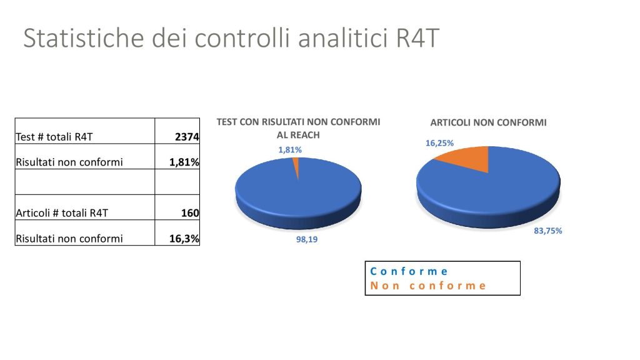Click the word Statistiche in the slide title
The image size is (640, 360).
pyautogui.click(x=84, y=37)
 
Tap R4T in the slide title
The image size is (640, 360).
pyautogui.click(x=417, y=38)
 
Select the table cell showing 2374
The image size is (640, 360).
pyautogui.click(x=177, y=131)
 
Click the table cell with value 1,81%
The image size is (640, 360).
pyautogui.click(x=177, y=156)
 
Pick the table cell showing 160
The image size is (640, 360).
pyautogui.click(x=177, y=207)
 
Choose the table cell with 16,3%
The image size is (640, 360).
pyautogui.click(x=177, y=232)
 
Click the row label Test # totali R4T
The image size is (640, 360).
pyautogui.click(x=54, y=137)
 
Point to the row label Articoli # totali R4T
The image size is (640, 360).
pyautogui.click(x=62, y=213)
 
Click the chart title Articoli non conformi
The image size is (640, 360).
pyautogui.click(x=488, y=122)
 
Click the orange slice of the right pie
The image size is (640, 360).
pyautogui.click(x=465, y=157)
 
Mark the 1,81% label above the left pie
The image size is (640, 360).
pyautogui.click(x=290, y=150)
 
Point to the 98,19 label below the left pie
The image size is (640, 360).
pyautogui.click(x=307, y=239)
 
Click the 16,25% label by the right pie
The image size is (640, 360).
pyautogui.click(x=439, y=143)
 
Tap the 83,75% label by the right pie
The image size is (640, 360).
pyautogui.click(x=547, y=231)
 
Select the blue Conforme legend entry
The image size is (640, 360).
pyautogui.click(x=409, y=271)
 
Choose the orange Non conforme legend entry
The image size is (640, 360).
pyautogui.click(x=427, y=286)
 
